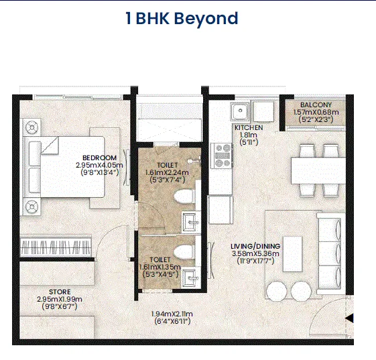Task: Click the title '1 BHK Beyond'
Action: click(x=182, y=19)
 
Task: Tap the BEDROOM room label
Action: click(x=99, y=158)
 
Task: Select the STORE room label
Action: click(x=60, y=292)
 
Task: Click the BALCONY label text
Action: click(x=316, y=105)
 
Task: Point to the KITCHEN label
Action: click(x=249, y=127)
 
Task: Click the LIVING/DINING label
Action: click(x=255, y=246)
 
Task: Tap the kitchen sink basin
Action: click(x=240, y=111)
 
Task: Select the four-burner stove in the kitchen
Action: click(x=221, y=156)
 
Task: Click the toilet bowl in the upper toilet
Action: click(x=184, y=196)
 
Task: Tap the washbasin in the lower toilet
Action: click(x=191, y=278)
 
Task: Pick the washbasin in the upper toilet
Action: click(x=191, y=222)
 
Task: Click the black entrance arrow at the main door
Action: click(x=349, y=318)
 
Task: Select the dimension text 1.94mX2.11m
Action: click(x=172, y=314)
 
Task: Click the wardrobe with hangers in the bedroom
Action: click(x=56, y=246)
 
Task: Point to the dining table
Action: click(x=318, y=170)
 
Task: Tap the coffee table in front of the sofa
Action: click(x=292, y=254)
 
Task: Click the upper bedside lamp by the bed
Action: click(x=32, y=127)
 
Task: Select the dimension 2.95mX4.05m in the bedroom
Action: click(x=99, y=165)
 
